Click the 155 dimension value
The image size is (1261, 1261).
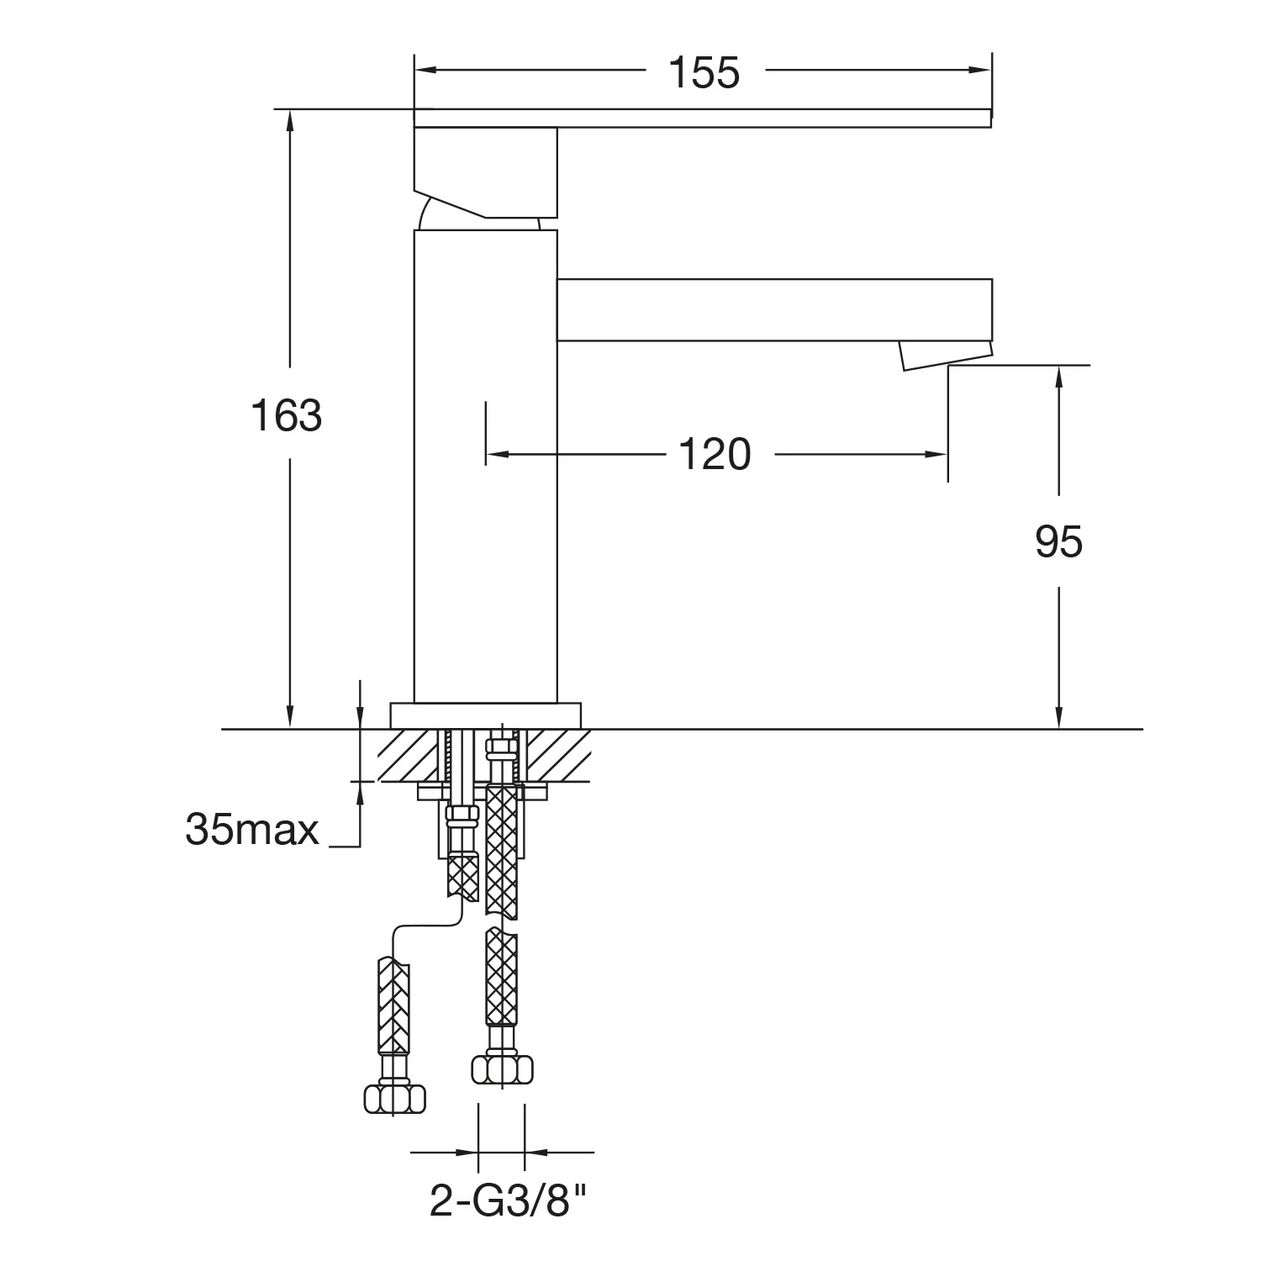704,72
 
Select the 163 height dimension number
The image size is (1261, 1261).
287,415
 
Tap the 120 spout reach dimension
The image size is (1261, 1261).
714,455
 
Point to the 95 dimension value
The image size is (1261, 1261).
1058,542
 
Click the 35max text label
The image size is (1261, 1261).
252,831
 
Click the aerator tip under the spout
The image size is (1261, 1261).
945,355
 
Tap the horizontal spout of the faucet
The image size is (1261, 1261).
775,310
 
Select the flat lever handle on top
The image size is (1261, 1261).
703,119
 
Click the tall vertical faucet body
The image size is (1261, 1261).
486,467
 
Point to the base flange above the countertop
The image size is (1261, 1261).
486,715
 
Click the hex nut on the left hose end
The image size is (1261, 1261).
394,1098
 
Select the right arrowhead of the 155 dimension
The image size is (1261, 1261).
980,70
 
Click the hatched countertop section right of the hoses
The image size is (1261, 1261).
555,755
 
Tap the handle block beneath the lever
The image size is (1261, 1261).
486,173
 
